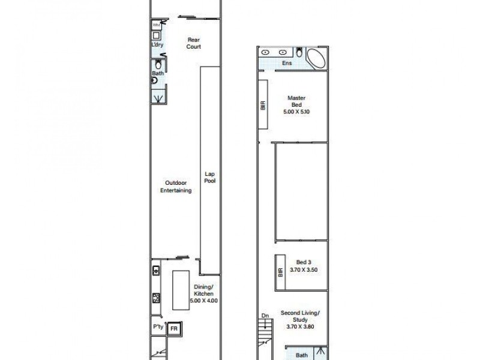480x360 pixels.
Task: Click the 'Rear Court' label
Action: pos(193,42)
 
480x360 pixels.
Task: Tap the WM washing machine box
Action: pos(156,25)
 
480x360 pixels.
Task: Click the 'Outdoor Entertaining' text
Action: pos(175,187)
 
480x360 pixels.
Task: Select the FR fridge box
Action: pos(175,329)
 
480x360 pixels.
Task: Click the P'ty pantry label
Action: pos(157,328)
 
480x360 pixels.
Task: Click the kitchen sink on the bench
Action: pos(156,271)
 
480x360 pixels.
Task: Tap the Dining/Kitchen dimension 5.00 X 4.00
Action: pos(203,300)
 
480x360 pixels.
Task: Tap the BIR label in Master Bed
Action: pos(263,106)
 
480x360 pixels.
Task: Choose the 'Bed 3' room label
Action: pos(304,261)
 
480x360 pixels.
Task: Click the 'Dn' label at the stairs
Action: pos(265,316)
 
